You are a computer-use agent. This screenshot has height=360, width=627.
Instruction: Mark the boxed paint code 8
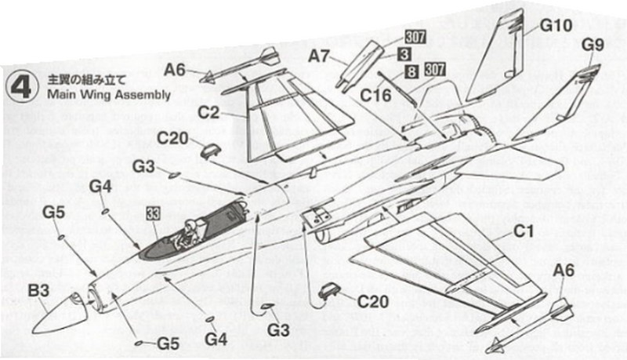tap(411, 73)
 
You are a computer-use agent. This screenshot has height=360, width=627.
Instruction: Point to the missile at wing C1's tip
tap(533, 321)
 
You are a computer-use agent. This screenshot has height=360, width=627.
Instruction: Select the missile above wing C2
tap(238, 65)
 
